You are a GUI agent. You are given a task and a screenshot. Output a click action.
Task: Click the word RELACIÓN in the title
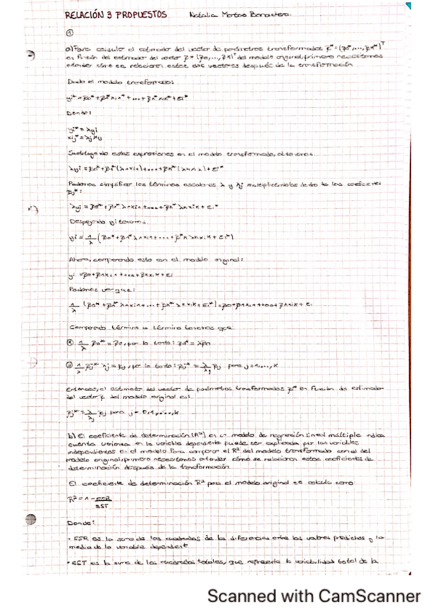pyautogui.click(x=80, y=14)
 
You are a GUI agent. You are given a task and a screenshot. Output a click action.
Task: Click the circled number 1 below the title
pyautogui.click(x=69, y=32)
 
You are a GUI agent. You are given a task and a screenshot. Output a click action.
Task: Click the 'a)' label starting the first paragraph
pyautogui.click(x=69, y=48)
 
